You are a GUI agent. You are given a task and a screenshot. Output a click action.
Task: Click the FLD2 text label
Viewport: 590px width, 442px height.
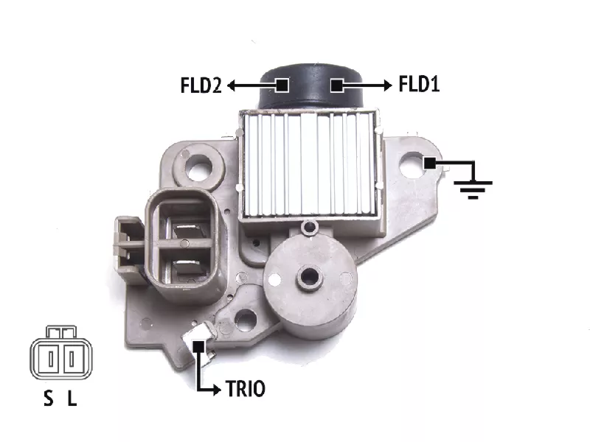(x=201, y=85)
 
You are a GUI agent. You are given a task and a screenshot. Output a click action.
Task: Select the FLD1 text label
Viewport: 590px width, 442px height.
(x=419, y=84)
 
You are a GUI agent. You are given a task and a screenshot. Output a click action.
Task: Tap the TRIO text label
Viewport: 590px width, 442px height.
(x=246, y=389)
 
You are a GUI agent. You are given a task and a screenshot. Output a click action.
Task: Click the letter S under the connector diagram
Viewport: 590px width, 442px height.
(x=49, y=399)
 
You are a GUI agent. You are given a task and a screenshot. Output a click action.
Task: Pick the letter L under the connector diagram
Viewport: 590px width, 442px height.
(x=72, y=399)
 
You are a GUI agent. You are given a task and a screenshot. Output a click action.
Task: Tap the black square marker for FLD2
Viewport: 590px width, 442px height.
(x=282, y=85)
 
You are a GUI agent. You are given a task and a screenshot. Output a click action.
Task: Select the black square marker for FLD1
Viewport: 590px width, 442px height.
(x=337, y=85)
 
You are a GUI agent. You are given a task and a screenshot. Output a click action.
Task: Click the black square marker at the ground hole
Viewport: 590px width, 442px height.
(x=429, y=164)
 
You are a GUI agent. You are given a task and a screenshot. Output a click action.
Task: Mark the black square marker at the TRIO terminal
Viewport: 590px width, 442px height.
(x=198, y=346)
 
